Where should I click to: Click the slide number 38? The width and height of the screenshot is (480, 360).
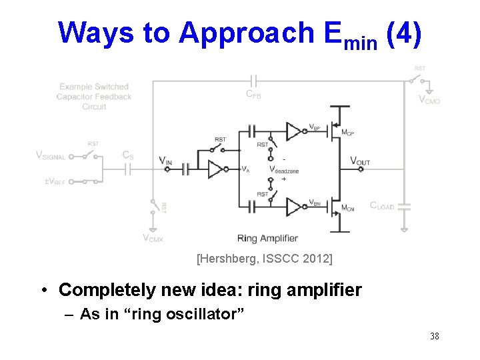pyautogui.click(x=434, y=336)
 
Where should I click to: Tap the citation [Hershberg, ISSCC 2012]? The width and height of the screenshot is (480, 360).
pyautogui.click(x=265, y=257)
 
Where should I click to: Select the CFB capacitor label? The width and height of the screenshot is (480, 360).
pyautogui.click(x=253, y=95)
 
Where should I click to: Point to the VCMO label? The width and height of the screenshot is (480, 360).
pyautogui.click(x=429, y=99)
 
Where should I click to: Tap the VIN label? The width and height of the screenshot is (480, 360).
pyautogui.click(x=165, y=160)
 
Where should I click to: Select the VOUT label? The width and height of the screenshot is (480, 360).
pyautogui.click(x=360, y=161)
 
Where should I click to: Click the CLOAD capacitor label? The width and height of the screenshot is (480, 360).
pyautogui.click(x=382, y=206)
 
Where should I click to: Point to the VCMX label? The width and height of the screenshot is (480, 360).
pyautogui.click(x=153, y=237)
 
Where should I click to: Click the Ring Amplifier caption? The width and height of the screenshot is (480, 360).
pyautogui.click(x=267, y=238)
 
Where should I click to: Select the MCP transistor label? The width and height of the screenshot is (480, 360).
pyautogui.click(x=347, y=133)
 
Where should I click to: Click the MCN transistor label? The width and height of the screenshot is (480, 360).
pyautogui.click(x=347, y=209)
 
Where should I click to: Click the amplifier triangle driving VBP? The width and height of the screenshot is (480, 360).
pyautogui.click(x=294, y=131)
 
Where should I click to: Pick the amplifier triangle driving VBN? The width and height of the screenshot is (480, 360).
pyautogui.click(x=294, y=206)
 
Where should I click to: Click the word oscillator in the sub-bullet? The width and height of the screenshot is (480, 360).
pyautogui.click(x=206, y=314)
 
